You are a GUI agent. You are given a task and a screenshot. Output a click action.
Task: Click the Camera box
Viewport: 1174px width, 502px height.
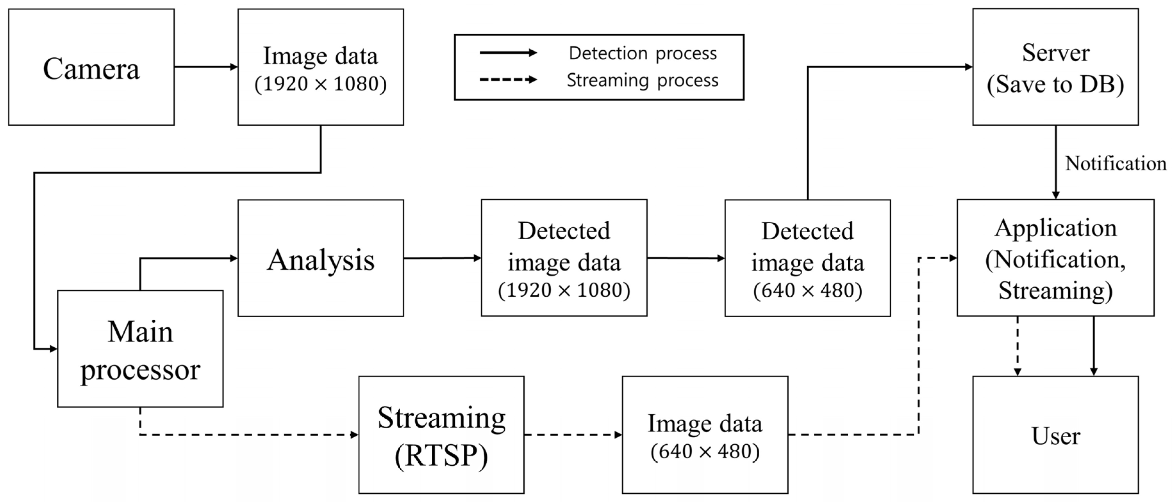(x=91, y=67)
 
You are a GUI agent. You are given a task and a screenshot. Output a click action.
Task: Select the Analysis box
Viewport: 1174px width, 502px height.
(x=320, y=258)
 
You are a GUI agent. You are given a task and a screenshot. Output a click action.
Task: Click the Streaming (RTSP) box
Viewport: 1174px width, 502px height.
(x=441, y=434)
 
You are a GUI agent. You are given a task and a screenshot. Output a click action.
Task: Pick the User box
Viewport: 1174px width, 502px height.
(x=1056, y=434)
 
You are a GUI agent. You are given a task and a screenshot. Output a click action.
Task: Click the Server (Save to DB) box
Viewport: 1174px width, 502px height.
(x=1056, y=67)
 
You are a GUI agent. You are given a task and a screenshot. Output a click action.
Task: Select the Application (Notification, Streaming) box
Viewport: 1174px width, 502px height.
(x=1056, y=258)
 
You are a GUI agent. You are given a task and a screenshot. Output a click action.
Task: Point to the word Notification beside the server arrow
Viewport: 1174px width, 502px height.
(x=1115, y=163)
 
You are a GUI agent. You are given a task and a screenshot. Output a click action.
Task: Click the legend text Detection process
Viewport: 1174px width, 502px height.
(x=643, y=53)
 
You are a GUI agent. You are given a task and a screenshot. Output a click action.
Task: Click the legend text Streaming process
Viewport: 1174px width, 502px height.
(x=643, y=80)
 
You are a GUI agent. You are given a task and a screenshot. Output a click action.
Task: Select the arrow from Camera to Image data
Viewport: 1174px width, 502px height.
(x=206, y=67)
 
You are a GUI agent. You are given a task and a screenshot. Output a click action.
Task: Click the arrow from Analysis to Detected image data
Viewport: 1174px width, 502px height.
(x=442, y=258)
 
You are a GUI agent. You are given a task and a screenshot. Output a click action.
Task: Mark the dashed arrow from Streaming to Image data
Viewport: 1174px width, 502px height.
(x=573, y=434)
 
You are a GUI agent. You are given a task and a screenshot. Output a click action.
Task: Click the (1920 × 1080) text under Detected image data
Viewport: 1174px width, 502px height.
(x=564, y=290)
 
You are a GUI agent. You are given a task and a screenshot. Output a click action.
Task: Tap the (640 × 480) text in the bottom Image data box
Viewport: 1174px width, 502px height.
(x=705, y=451)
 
